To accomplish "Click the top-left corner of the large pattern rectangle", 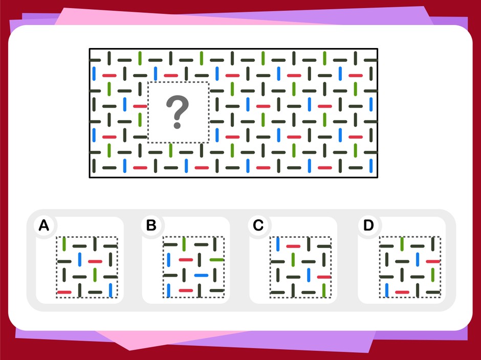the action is (90, 49).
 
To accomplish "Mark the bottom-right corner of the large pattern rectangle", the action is (378, 177).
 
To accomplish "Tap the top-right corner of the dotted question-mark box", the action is (209, 82).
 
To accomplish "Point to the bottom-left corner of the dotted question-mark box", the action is (148, 143).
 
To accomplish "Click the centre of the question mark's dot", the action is (177, 125).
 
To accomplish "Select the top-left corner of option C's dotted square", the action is (270, 237).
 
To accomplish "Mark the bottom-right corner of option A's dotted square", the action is (117, 298).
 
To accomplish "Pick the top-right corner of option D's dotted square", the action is (441, 237).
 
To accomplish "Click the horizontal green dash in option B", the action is (216, 260).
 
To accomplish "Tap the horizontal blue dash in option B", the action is (201, 275).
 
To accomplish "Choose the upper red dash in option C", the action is (293, 246).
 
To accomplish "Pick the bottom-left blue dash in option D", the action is (386, 290).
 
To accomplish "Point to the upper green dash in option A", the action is (64, 244).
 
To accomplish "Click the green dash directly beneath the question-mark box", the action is (171, 150).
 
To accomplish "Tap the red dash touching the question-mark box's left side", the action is (140, 106).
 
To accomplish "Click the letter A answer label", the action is (44, 226).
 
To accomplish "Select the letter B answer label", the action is (151, 226).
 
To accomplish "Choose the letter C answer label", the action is (258, 226).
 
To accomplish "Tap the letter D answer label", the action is (368, 226).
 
